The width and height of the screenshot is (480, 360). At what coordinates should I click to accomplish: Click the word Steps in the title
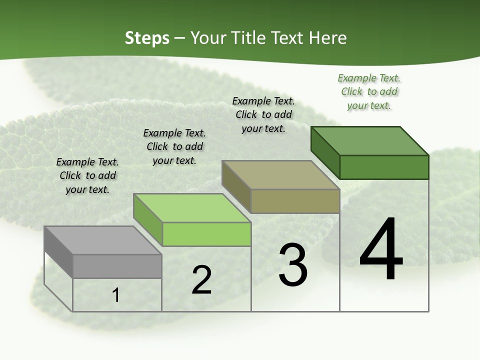[147, 38]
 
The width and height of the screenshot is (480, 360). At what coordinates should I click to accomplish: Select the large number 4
[381, 250]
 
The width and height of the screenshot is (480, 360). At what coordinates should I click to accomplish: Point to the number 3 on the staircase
[293, 265]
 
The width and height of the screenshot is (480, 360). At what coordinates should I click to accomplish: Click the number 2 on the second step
[202, 280]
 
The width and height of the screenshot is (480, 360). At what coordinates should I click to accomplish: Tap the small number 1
[116, 295]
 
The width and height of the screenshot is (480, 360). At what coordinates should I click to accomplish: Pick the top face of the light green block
[192, 208]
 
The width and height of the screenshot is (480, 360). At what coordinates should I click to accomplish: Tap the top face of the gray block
[103, 240]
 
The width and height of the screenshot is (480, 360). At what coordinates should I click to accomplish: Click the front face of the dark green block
[384, 167]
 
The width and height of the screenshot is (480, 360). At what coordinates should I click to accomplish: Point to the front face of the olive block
[295, 201]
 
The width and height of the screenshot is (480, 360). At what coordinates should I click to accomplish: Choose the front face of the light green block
[206, 234]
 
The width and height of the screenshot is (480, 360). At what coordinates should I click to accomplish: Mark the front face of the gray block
[117, 266]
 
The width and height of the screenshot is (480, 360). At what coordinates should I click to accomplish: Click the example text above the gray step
[87, 175]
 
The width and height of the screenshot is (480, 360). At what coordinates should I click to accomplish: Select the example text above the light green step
[174, 146]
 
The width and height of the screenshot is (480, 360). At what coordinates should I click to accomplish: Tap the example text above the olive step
[263, 114]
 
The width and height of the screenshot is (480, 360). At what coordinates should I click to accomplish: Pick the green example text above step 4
[369, 91]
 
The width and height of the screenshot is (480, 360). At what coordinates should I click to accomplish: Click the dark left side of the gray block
[58, 251]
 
